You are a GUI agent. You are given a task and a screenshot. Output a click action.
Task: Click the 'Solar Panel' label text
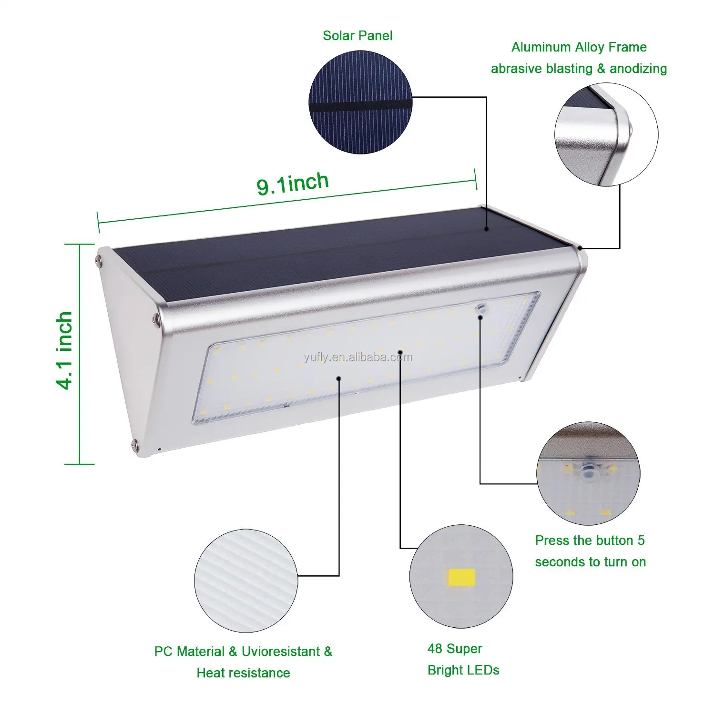(357, 36)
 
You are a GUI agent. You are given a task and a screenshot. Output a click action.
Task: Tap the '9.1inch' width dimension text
(293, 184)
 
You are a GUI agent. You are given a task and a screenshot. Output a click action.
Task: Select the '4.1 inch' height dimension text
(65, 351)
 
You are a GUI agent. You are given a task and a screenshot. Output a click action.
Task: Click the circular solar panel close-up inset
(360, 102)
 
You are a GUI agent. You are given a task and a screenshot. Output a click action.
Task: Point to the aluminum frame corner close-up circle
(606, 135)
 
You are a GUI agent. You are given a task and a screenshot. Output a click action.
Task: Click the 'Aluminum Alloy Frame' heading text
(579, 47)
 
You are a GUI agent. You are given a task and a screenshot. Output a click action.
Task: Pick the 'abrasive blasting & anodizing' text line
(579, 69)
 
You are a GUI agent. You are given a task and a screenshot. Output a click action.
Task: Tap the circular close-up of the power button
(588, 473)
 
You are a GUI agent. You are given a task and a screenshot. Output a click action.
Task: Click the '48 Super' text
(455, 649)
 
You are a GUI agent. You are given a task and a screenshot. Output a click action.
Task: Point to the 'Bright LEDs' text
(463, 670)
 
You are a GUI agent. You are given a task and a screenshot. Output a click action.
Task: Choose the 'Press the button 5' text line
(590, 541)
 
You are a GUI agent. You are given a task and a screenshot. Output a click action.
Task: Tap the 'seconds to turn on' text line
(590, 562)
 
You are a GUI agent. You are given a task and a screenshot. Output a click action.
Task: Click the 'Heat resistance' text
(243, 673)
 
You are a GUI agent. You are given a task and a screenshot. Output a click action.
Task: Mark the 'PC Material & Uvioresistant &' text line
(243, 652)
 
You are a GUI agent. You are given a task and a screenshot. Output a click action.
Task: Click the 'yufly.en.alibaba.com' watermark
(358, 357)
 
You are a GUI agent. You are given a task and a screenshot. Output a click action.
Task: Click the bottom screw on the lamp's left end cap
(134, 444)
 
